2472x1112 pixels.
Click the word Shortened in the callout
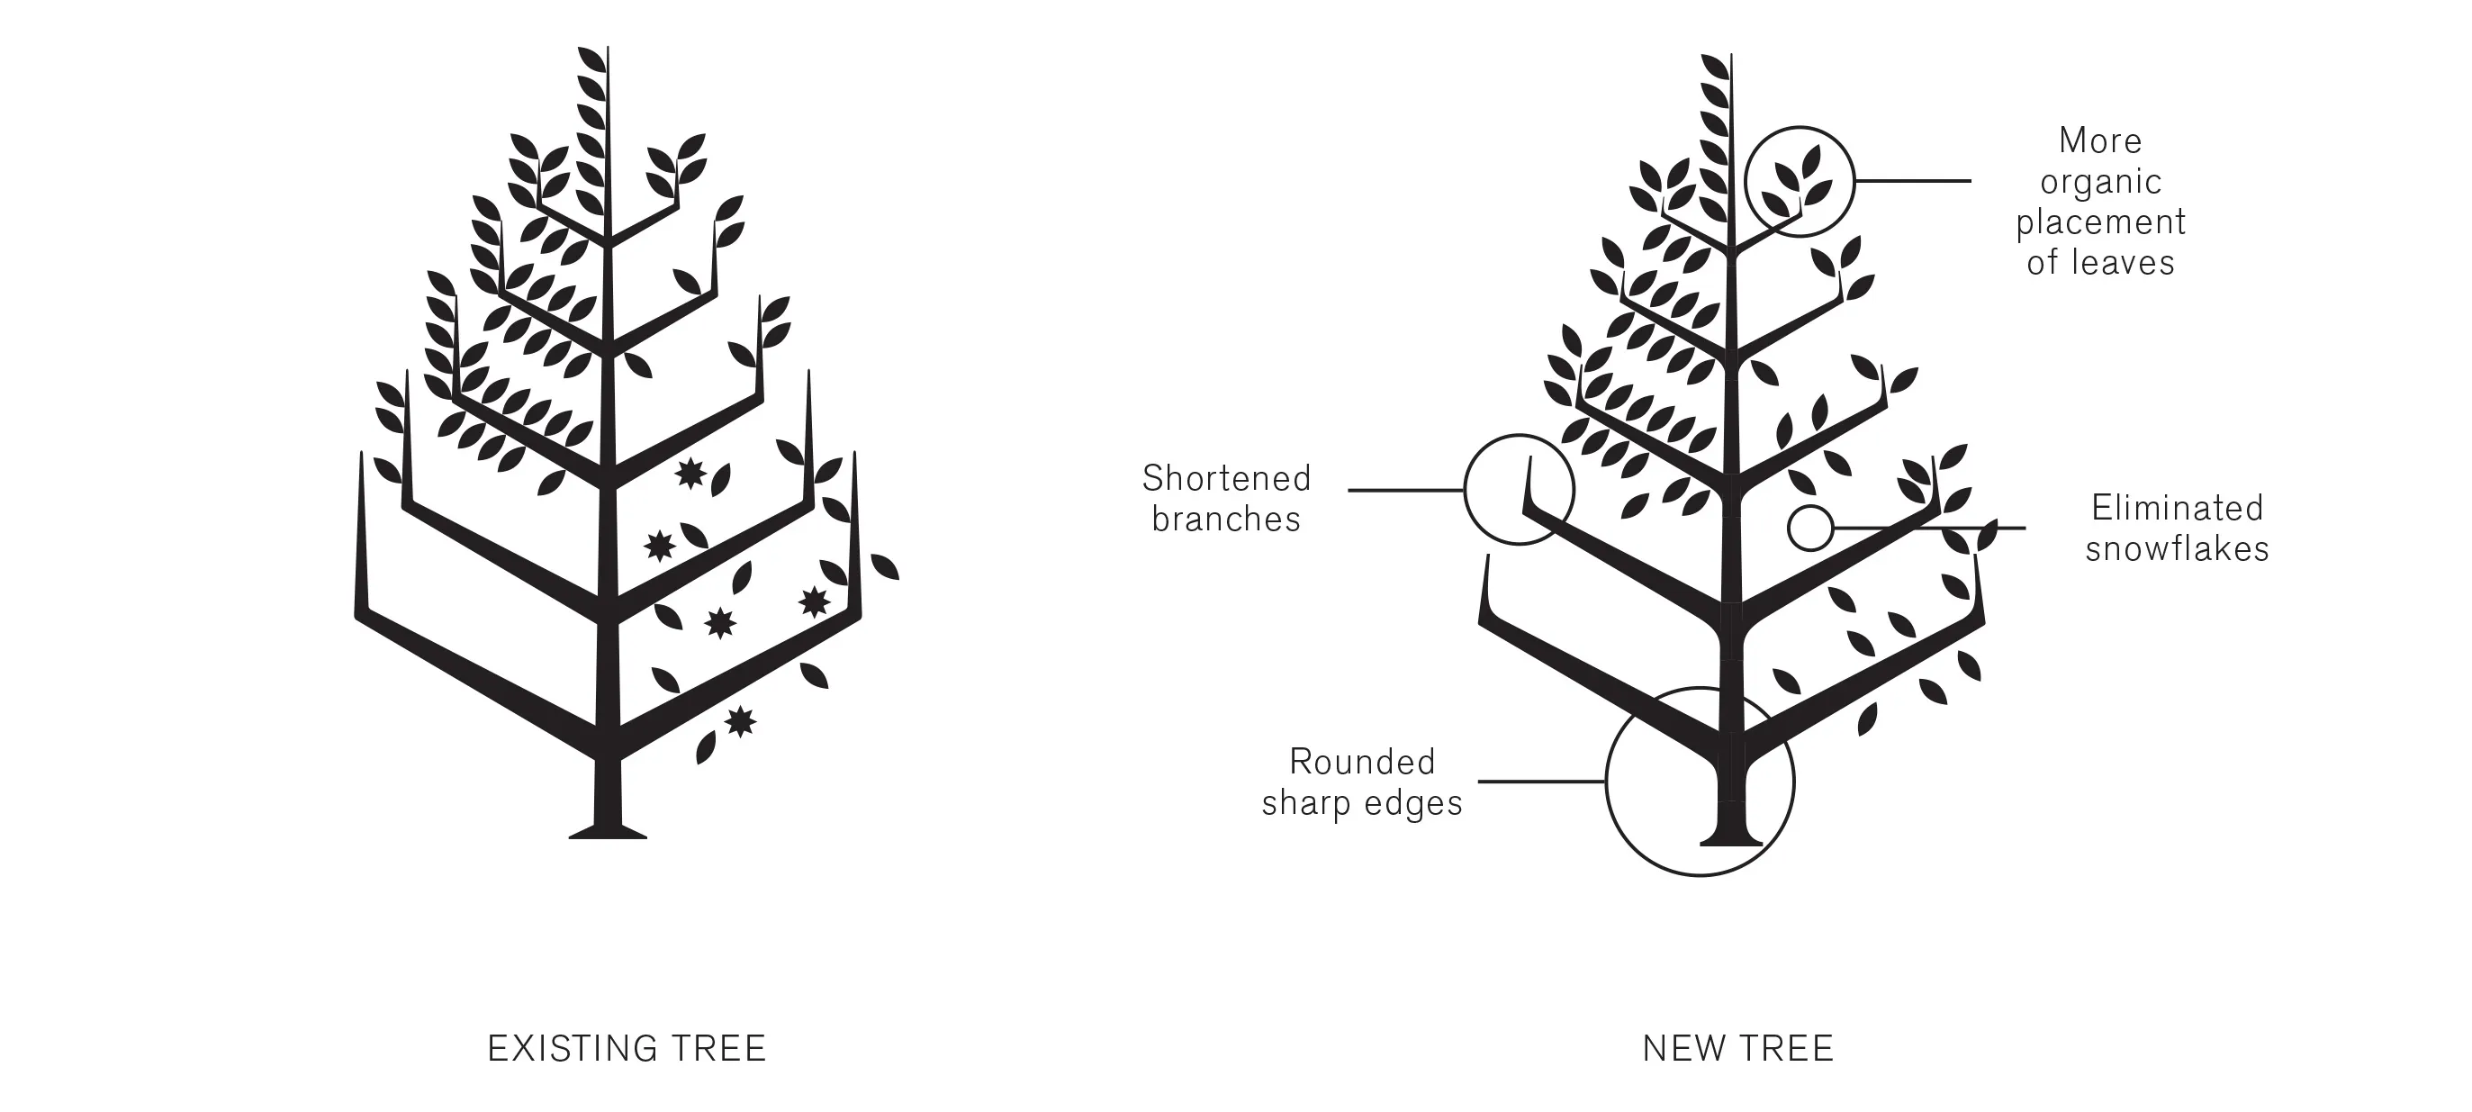[1225, 478]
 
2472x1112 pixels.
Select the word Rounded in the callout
[1362, 762]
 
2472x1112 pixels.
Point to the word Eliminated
[2177, 508]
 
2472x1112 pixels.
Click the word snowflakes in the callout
[2177, 549]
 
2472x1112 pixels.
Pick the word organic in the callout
[2100, 181]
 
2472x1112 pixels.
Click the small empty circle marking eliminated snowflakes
[1809, 528]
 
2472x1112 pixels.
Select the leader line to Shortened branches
[1406, 491]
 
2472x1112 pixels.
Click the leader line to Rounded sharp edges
[1540, 782]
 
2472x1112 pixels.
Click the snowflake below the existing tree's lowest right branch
[740, 720]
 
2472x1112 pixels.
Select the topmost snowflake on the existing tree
[690, 473]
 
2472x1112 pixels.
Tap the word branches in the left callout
[1225, 519]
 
